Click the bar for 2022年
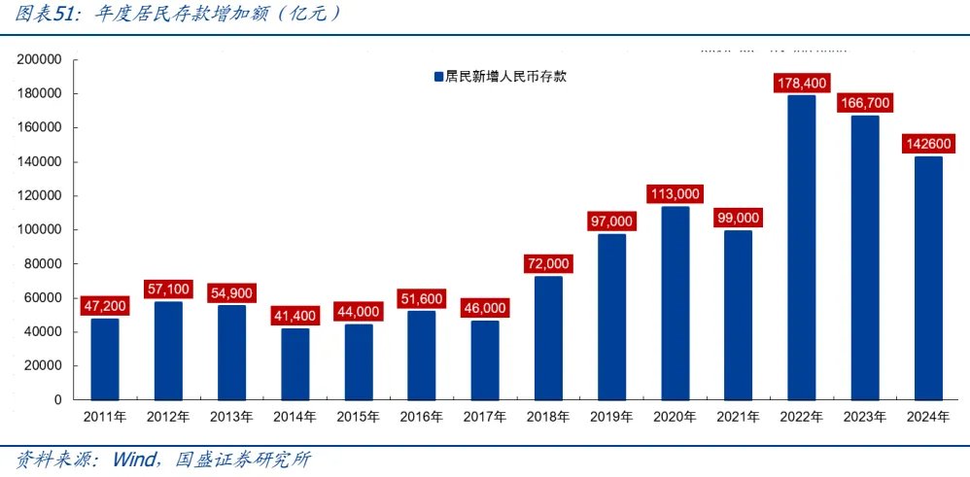click(x=801, y=248)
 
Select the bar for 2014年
click(x=295, y=364)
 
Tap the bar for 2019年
click(x=611, y=317)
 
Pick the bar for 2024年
click(x=927, y=278)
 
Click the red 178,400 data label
click(x=801, y=84)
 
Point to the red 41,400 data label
click(x=295, y=317)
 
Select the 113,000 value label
click(x=675, y=194)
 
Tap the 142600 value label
click(x=927, y=144)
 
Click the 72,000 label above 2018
click(x=548, y=263)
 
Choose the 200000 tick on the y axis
click(x=40, y=59)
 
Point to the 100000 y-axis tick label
click(x=40, y=229)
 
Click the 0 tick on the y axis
click(x=58, y=399)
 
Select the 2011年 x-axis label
click(x=106, y=417)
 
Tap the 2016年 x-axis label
click(x=422, y=417)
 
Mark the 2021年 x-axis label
click(x=738, y=417)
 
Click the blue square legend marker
click(x=437, y=77)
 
